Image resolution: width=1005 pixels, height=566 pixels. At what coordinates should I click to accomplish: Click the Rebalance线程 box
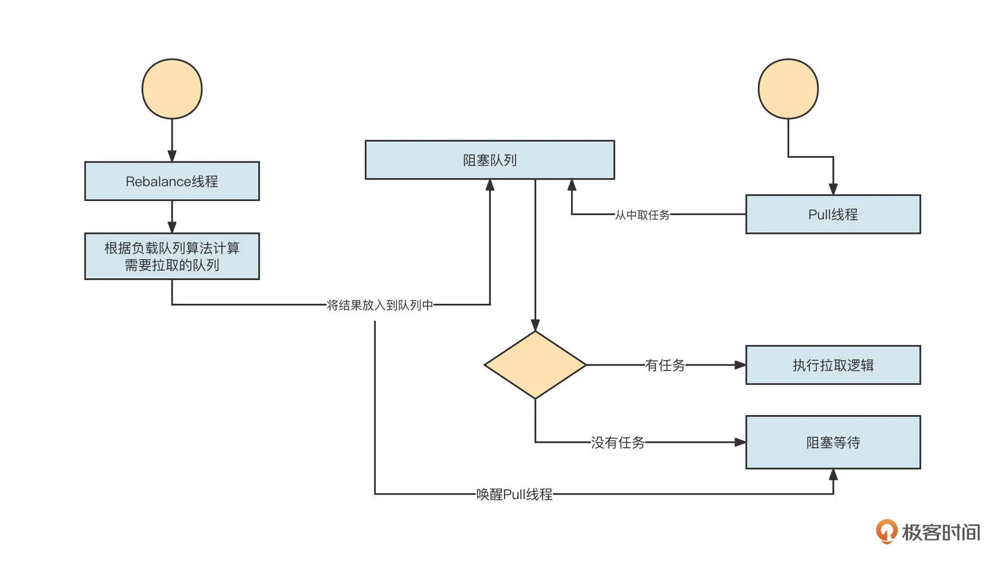coord(172,181)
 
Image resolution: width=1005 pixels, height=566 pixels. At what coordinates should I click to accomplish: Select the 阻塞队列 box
coord(489,160)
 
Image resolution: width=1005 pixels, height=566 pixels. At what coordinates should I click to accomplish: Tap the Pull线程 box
coord(833,214)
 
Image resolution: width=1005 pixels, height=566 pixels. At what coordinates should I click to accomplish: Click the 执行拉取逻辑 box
coord(833,365)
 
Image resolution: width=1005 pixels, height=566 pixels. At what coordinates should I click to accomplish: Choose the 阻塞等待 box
coord(833,442)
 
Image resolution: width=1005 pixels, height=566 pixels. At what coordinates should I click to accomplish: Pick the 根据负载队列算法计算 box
coord(172,256)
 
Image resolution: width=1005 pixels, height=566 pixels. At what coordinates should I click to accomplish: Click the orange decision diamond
coord(535,365)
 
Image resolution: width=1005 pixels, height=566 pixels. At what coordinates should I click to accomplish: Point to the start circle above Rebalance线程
coord(172,88)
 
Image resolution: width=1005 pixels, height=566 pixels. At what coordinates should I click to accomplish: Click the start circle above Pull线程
coord(788,88)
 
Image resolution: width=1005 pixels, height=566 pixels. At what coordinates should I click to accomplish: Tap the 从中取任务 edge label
coord(642,215)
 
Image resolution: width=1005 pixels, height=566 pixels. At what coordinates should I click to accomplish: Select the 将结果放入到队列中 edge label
coord(380,305)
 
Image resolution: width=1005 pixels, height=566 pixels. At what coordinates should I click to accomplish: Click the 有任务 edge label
coord(665,365)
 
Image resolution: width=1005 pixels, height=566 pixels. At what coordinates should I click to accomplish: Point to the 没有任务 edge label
coord(618,442)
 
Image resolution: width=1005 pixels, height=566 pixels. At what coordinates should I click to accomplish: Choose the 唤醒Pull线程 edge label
coord(514,494)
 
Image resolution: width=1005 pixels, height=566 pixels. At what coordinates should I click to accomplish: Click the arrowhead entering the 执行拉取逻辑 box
coord(740,365)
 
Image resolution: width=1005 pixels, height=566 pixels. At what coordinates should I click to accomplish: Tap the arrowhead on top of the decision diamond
coord(535,325)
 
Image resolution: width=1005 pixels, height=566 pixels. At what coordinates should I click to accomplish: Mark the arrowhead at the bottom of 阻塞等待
coord(833,474)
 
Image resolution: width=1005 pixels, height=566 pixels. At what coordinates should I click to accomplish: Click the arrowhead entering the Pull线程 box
coord(833,189)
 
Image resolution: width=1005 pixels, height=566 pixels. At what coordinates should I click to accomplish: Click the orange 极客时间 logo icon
coord(886,531)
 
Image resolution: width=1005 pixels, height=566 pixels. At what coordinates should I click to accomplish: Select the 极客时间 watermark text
coord(941,532)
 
